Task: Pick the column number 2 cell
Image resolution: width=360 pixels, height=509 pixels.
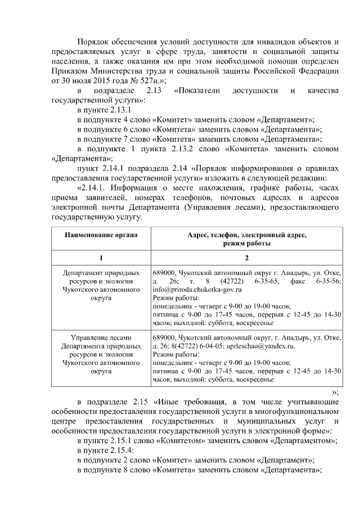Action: [246, 258]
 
